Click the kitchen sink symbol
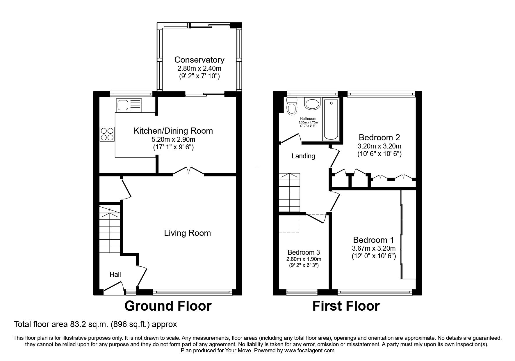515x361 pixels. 129,105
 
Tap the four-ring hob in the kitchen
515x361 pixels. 107,134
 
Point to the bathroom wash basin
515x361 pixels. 312,103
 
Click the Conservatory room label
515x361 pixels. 199,60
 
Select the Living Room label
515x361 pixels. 187,233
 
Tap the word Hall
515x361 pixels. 115,275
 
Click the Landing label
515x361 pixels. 303,156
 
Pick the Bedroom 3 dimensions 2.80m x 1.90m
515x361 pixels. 304,259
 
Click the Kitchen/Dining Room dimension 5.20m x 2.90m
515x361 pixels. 173,140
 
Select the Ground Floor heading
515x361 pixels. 168,306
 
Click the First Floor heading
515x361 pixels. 346,306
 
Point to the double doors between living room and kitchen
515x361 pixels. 188,171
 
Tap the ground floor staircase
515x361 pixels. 110,230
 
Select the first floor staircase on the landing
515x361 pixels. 289,192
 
